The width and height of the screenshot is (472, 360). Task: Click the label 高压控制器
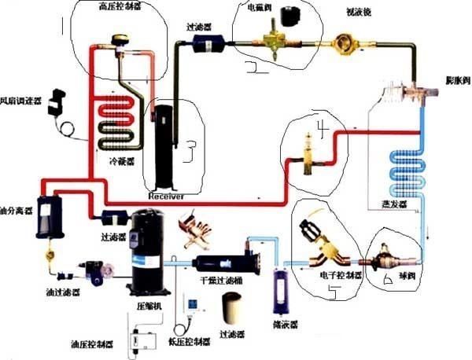pyautogui.click(x=118, y=6)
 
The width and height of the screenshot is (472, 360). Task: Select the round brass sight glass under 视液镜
pyautogui.click(x=345, y=43)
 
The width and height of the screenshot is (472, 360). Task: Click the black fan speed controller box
pyautogui.click(x=57, y=102)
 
